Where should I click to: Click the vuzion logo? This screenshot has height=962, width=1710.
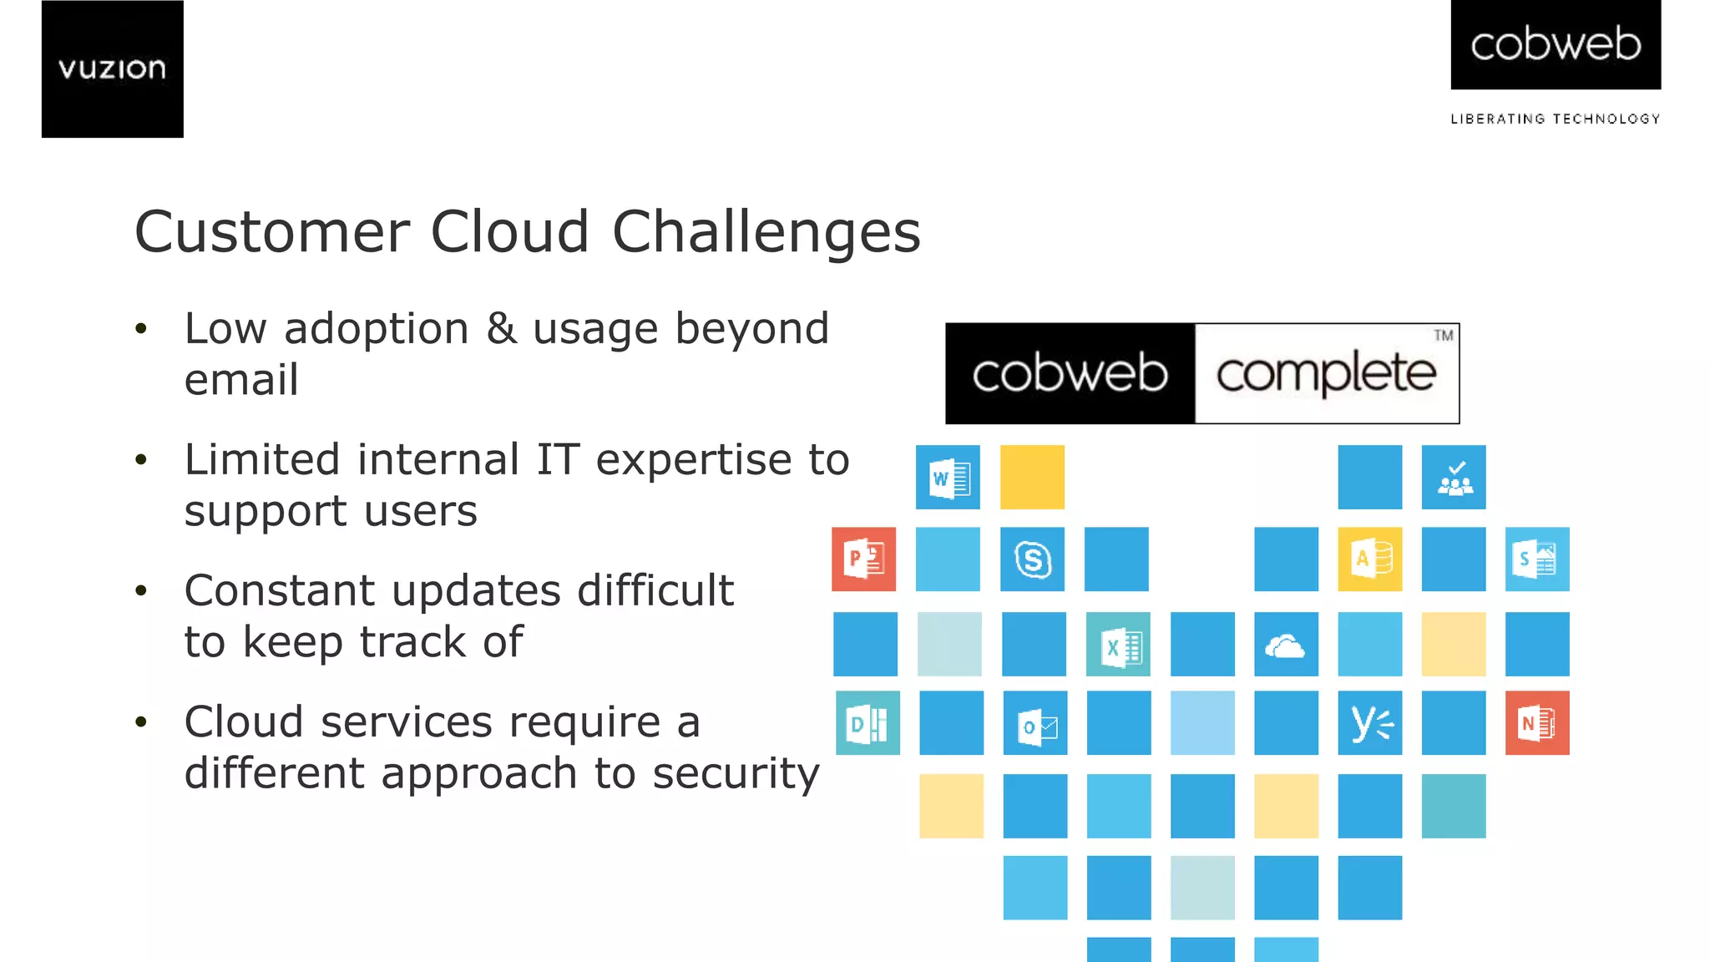[112, 68]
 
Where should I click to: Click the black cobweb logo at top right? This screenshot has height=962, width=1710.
[1555, 44]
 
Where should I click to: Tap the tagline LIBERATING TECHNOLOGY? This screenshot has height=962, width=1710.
[1555, 119]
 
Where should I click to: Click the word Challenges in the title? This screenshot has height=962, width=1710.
[766, 232]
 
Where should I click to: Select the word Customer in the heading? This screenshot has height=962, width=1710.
[271, 232]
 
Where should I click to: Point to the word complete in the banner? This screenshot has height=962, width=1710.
[1326, 374]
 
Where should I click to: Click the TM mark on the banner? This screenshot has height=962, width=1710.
[1444, 336]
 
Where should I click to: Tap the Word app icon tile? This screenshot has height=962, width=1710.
[948, 478]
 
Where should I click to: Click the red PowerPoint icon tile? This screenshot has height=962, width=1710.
[863, 559]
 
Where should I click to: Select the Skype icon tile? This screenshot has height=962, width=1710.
[1032, 559]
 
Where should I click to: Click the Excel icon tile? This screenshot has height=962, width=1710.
[1118, 645]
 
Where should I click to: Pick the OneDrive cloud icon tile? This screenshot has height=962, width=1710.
[1286, 645]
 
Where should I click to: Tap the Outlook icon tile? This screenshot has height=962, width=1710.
[1035, 723]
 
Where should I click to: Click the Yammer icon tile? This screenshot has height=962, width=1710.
[1370, 723]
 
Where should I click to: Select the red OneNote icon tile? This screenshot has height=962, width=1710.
[1537, 723]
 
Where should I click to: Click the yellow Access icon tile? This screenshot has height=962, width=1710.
[1370, 559]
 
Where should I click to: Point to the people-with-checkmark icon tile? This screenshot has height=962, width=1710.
[1454, 478]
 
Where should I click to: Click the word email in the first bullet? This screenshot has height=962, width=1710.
[241, 380]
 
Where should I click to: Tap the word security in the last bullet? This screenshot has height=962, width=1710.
[736, 773]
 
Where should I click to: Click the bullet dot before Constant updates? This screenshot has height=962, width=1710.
[141, 591]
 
